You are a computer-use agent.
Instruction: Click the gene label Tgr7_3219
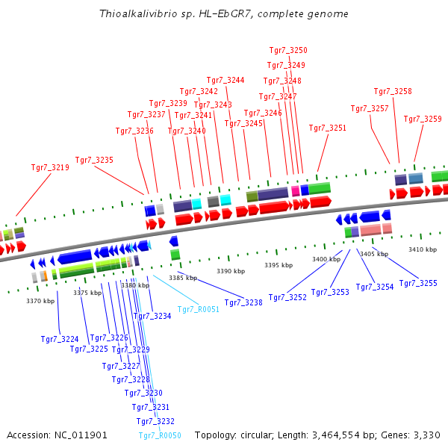[50, 168]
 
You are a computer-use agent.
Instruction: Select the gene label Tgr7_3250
[288, 50]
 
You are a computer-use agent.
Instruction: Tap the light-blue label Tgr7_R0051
[199, 308]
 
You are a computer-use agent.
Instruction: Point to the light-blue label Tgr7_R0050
[160, 435]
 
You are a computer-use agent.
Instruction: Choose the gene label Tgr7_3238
[243, 302]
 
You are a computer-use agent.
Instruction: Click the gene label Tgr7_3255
[418, 283]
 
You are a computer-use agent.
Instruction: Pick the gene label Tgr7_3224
[60, 339]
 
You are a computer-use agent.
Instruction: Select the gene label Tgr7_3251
[328, 128]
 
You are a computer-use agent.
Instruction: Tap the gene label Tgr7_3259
[423, 119]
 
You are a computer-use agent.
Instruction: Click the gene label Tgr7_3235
[94, 160]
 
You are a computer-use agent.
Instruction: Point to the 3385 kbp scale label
[183, 278]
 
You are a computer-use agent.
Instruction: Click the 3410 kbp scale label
[422, 249]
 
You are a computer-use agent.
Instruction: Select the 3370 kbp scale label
[40, 301]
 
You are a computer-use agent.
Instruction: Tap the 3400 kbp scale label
[326, 259]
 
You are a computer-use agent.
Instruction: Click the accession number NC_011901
[82, 435]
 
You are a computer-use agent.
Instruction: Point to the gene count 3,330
[428, 435]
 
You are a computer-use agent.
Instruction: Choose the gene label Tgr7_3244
[225, 80]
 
